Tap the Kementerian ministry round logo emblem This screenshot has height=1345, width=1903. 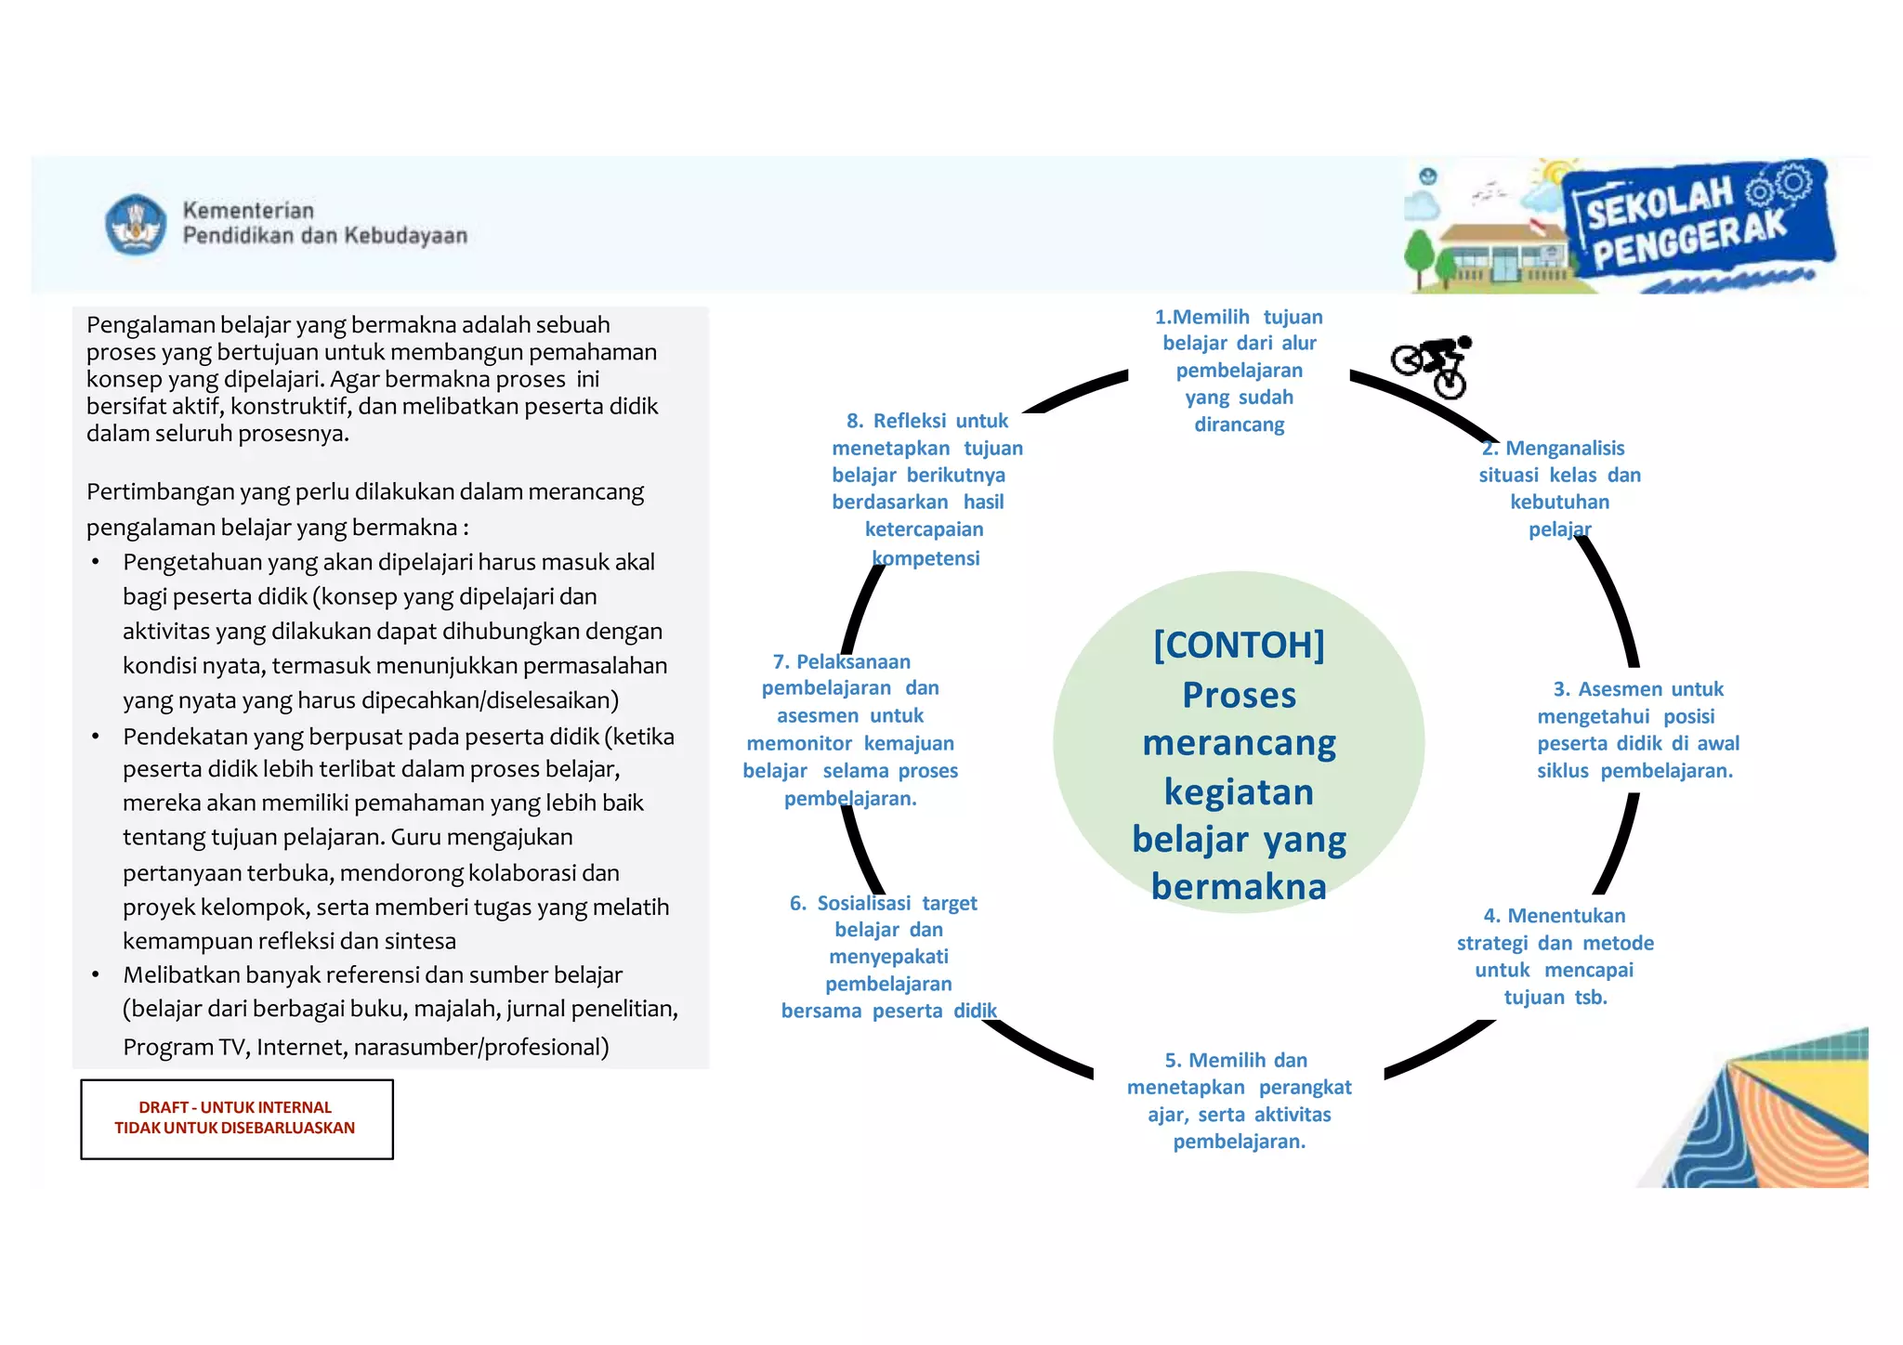(x=136, y=224)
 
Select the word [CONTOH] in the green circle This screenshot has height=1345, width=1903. (x=1239, y=645)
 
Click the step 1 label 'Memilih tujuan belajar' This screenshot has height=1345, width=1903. (x=1239, y=371)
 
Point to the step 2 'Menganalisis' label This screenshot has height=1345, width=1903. (x=1560, y=489)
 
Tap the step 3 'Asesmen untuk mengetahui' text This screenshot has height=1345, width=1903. (x=1637, y=729)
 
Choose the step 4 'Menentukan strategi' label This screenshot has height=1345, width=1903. (x=1555, y=956)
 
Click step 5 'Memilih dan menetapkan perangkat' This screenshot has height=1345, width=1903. (x=1239, y=1101)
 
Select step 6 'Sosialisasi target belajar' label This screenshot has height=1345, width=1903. (x=888, y=957)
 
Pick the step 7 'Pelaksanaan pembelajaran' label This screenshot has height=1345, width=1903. (x=849, y=729)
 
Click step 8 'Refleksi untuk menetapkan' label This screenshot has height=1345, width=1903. (x=926, y=489)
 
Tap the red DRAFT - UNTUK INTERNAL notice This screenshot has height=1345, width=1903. (x=236, y=1117)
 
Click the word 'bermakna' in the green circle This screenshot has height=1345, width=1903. (x=1239, y=887)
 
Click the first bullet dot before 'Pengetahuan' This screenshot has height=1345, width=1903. (x=96, y=563)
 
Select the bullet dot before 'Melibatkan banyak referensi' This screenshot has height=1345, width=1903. (x=96, y=975)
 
